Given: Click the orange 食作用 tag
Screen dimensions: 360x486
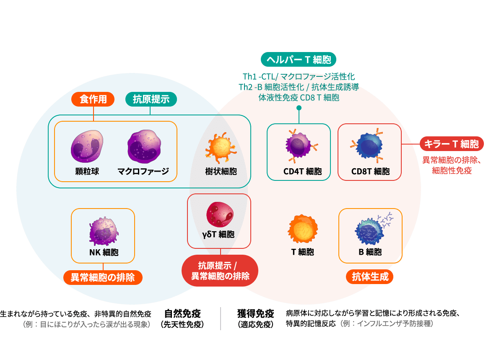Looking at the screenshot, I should click(x=93, y=99).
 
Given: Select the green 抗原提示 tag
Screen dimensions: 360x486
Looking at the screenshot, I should click(x=151, y=99).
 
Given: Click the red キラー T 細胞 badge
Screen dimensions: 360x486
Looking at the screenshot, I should click(x=451, y=144).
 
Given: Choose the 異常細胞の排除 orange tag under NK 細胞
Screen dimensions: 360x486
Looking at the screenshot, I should click(x=103, y=277).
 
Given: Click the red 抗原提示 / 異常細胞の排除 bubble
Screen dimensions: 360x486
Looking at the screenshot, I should click(x=220, y=271).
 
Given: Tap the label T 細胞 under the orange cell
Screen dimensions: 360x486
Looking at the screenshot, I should click(x=302, y=252).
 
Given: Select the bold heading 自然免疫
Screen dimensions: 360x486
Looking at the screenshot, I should click(x=182, y=313).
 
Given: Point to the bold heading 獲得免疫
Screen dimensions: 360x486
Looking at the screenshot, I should click(x=255, y=313).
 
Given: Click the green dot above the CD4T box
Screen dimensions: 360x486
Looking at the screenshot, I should click(x=299, y=108).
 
